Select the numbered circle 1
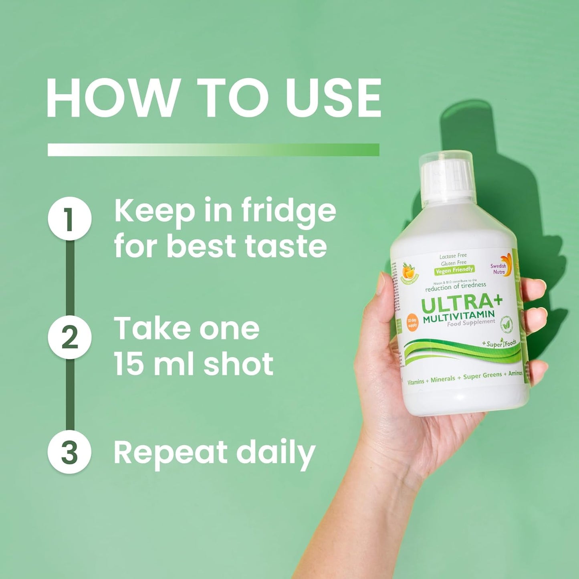click(x=69, y=218)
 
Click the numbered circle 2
click(x=69, y=337)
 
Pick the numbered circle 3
click(x=69, y=452)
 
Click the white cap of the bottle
click(x=446, y=176)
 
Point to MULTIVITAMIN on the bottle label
click(x=459, y=317)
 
